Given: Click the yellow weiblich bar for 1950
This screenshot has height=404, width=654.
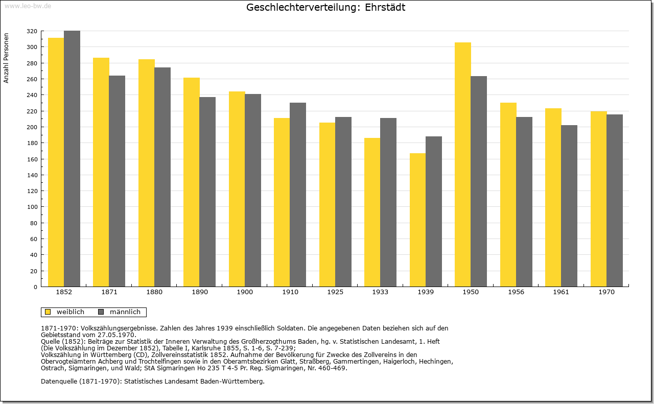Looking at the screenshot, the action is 463,164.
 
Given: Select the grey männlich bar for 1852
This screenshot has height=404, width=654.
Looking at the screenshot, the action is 72,159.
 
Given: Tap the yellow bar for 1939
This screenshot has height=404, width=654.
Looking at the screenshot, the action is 417,220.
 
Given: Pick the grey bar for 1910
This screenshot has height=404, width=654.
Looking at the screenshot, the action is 298,195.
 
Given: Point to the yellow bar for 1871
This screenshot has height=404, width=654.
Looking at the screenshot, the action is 101,172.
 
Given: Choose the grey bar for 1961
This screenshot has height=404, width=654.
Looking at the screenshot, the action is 569,206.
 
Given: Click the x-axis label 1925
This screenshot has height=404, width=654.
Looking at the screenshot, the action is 335,292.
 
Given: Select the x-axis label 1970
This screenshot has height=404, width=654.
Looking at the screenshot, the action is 606,292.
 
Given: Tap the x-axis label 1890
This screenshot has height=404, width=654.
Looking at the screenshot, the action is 200,292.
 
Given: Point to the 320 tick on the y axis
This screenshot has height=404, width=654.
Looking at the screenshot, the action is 32,31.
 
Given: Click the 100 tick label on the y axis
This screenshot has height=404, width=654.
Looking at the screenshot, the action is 32,207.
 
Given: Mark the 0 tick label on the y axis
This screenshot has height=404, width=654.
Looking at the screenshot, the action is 35,287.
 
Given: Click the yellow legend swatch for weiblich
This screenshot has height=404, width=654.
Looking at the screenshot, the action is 48,312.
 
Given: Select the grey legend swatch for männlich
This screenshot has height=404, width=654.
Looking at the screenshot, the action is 101,312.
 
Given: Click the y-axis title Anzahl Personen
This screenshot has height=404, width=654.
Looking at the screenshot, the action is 6,58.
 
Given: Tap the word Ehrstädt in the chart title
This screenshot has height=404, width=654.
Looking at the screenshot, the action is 385,7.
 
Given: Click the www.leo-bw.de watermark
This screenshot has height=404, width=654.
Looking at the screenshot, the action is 28,6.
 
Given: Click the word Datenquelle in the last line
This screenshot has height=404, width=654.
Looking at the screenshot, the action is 59,382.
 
